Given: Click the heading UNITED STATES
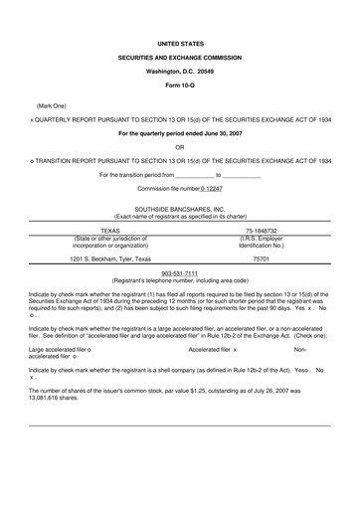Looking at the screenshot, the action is click(179, 45).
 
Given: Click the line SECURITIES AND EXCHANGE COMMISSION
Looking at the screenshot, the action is click(179, 60).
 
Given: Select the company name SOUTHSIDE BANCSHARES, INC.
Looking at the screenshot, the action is click(179, 209).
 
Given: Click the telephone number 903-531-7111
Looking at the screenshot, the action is click(179, 273).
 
